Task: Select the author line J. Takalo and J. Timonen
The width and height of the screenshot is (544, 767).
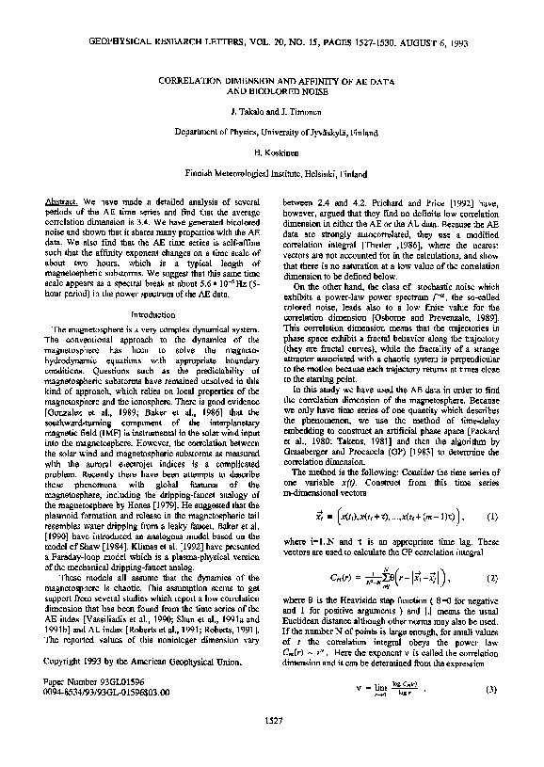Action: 271,112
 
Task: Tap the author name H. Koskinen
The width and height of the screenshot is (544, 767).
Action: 271,152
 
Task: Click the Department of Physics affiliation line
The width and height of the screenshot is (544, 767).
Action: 271,132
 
